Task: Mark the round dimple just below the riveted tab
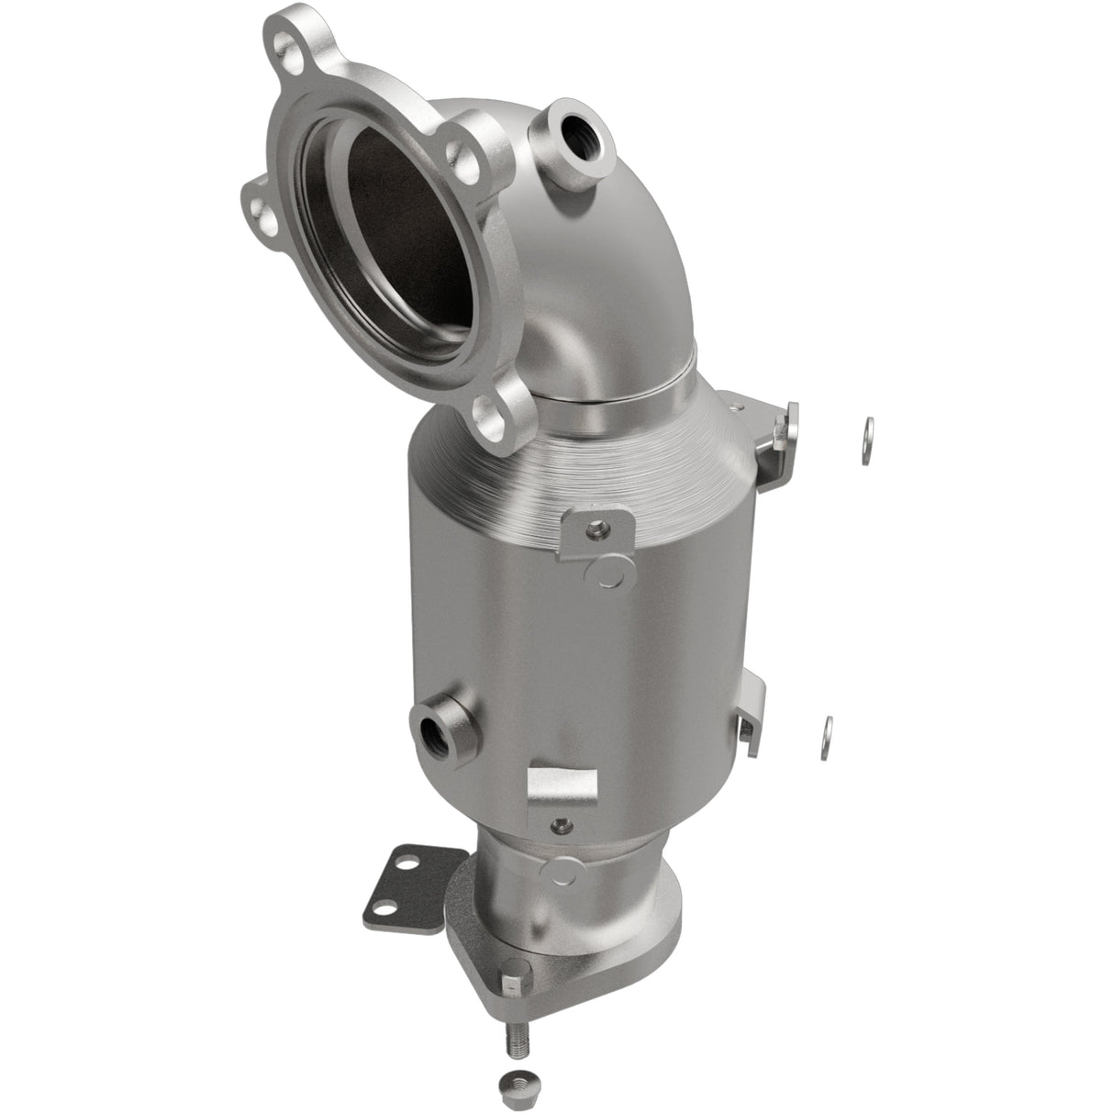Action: click(x=606, y=574)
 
